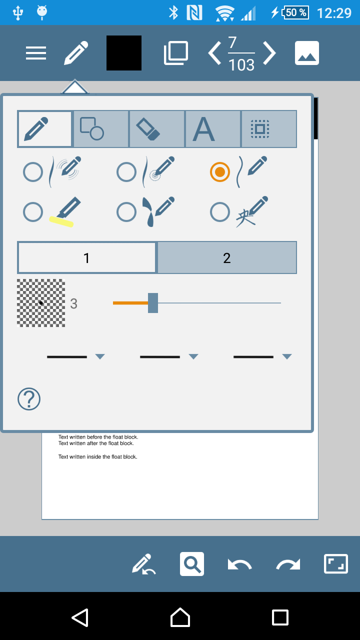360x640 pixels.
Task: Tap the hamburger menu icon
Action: coord(36,53)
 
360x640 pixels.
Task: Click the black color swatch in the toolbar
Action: coord(124,53)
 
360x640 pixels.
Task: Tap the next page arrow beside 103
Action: coord(269,53)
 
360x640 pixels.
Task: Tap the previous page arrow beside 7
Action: coord(214,53)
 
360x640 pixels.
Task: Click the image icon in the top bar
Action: coord(307,53)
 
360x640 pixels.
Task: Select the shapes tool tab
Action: coord(101,129)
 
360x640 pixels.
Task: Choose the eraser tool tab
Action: coord(157,129)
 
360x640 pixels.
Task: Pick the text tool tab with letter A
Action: coord(213,129)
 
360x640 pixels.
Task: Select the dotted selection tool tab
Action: coord(269,129)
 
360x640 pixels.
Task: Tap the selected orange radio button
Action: coord(220,172)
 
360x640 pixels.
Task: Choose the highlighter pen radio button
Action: coord(33,212)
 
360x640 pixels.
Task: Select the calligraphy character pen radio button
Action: coord(220,212)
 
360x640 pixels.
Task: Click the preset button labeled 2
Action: coord(227,258)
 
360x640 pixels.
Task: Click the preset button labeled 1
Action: coord(87,258)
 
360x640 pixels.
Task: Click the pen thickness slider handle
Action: coord(153,303)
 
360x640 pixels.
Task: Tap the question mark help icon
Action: coord(29,399)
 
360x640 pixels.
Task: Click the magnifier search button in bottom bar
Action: coord(192,564)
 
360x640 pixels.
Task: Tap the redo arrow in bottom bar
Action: coord(288,564)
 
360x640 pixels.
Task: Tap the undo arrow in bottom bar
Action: coord(240,564)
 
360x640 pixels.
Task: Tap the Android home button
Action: coord(180,617)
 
